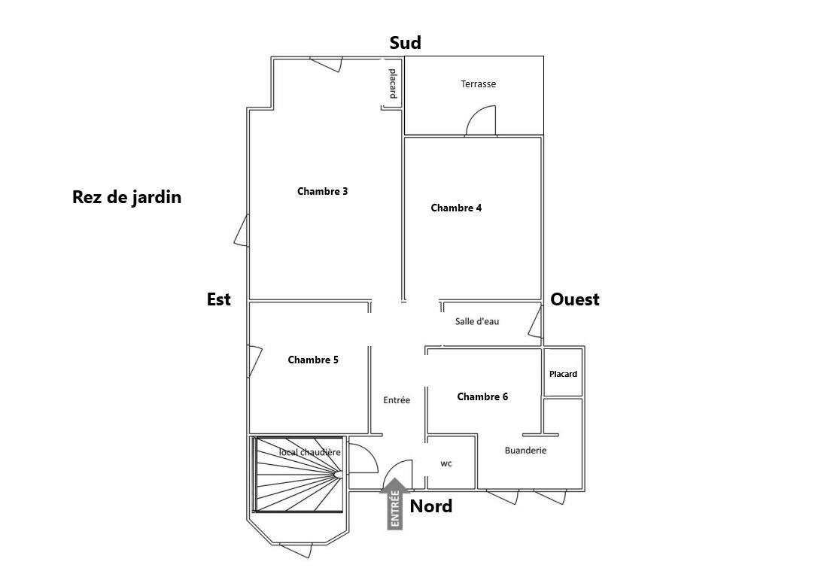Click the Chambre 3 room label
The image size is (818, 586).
point(322,191)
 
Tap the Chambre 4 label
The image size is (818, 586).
point(456,208)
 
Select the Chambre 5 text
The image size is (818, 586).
point(313,360)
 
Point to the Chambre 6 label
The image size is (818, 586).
point(482,396)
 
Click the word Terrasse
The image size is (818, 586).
point(479,84)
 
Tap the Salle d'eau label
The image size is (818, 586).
point(477,321)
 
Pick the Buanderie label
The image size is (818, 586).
point(525,451)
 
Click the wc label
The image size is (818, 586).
point(446,463)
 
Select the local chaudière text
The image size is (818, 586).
point(310,452)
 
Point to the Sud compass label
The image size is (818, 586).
point(405,43)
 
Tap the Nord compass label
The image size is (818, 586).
point(431,506)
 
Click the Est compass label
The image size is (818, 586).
point(219,299)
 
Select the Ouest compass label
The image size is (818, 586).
point(575,299)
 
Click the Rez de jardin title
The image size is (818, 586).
point(127,197)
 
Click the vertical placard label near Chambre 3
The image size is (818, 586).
point(392,83)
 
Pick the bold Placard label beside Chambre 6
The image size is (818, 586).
point(563,374)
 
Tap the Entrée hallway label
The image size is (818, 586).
point(397,400)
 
